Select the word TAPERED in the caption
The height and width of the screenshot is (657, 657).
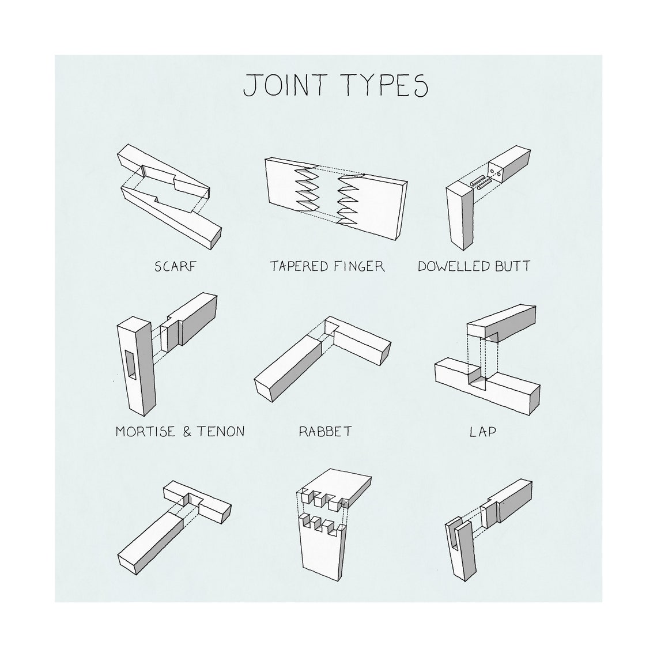[300, 266]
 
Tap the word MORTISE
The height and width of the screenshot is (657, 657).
[146, 431]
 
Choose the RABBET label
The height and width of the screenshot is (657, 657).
[325, 431]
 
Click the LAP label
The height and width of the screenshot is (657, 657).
[482, 431]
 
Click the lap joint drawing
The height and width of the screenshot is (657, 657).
[487, 363]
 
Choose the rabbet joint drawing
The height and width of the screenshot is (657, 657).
[323, 357]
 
